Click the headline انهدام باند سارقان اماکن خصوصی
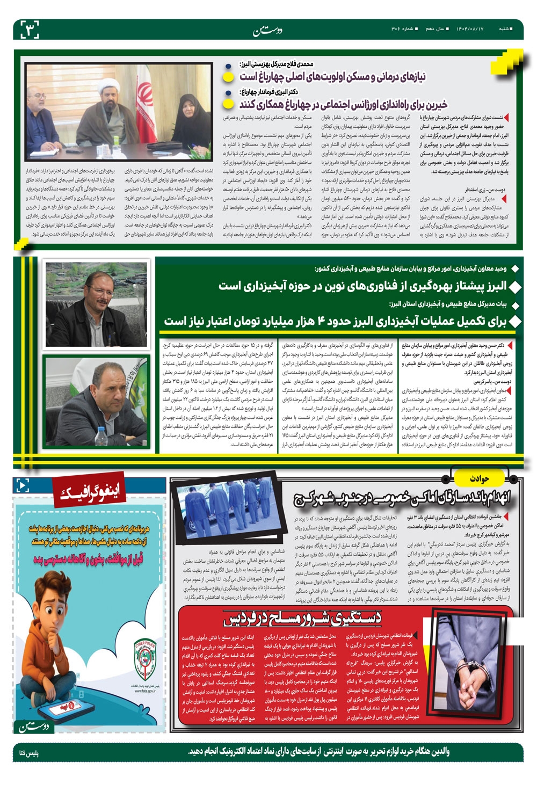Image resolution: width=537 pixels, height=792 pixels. (x=402, y=497)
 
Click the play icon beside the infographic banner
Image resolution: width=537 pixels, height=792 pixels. (x=23, y=485)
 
